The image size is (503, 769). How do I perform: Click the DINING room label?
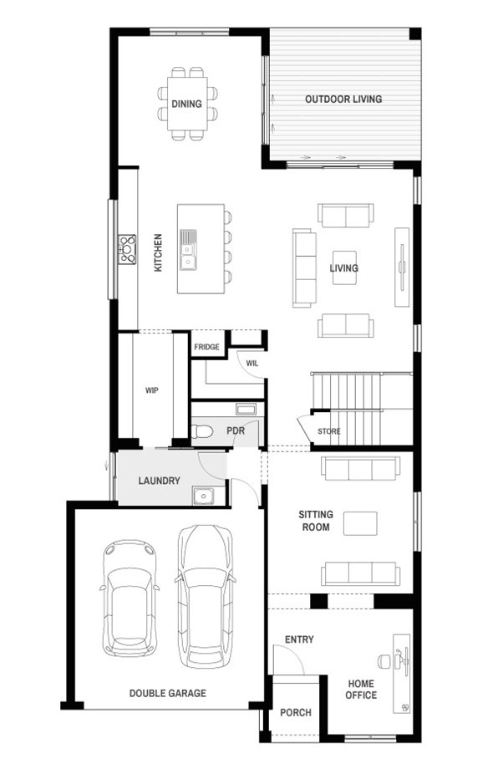pos(186,104)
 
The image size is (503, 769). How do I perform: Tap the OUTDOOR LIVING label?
pos(343,99)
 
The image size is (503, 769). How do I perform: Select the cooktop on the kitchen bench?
pos(127,250)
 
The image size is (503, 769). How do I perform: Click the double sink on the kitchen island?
pos(188,250)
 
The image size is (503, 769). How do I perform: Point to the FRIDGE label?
pos(206,347)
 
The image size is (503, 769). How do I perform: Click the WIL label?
pos(252,364)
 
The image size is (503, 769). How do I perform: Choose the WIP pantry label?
pos(151,390)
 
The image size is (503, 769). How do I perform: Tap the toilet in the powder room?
pos(201,431)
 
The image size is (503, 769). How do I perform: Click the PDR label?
pos(236,430)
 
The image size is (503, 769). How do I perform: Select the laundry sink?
pos(202,497)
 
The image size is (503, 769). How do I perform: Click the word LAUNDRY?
pos(159,481)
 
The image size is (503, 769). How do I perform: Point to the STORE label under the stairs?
pos(329,431)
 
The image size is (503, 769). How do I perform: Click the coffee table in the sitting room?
pos(360,523)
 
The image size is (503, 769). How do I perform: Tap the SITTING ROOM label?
pos(316,521)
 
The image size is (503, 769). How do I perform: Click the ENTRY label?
pos(299,639)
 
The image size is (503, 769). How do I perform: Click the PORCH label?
pos(296,713)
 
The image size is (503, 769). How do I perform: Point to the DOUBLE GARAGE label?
pos(168,693)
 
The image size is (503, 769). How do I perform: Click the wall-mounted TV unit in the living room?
pos(402,267)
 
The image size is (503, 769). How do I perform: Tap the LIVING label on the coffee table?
pos(343,267)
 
